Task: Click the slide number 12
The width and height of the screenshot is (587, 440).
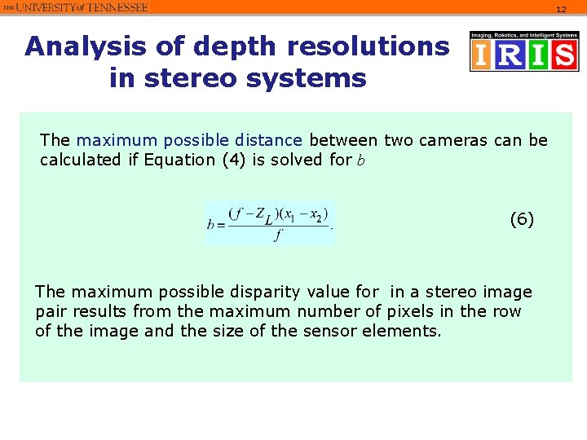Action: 560,10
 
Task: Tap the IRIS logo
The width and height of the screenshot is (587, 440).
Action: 523,52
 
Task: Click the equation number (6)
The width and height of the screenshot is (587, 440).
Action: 522,219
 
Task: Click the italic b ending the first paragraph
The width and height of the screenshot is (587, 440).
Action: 360,161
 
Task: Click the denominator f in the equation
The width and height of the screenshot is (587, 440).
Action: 280,236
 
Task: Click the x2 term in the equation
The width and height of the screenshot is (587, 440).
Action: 317,215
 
